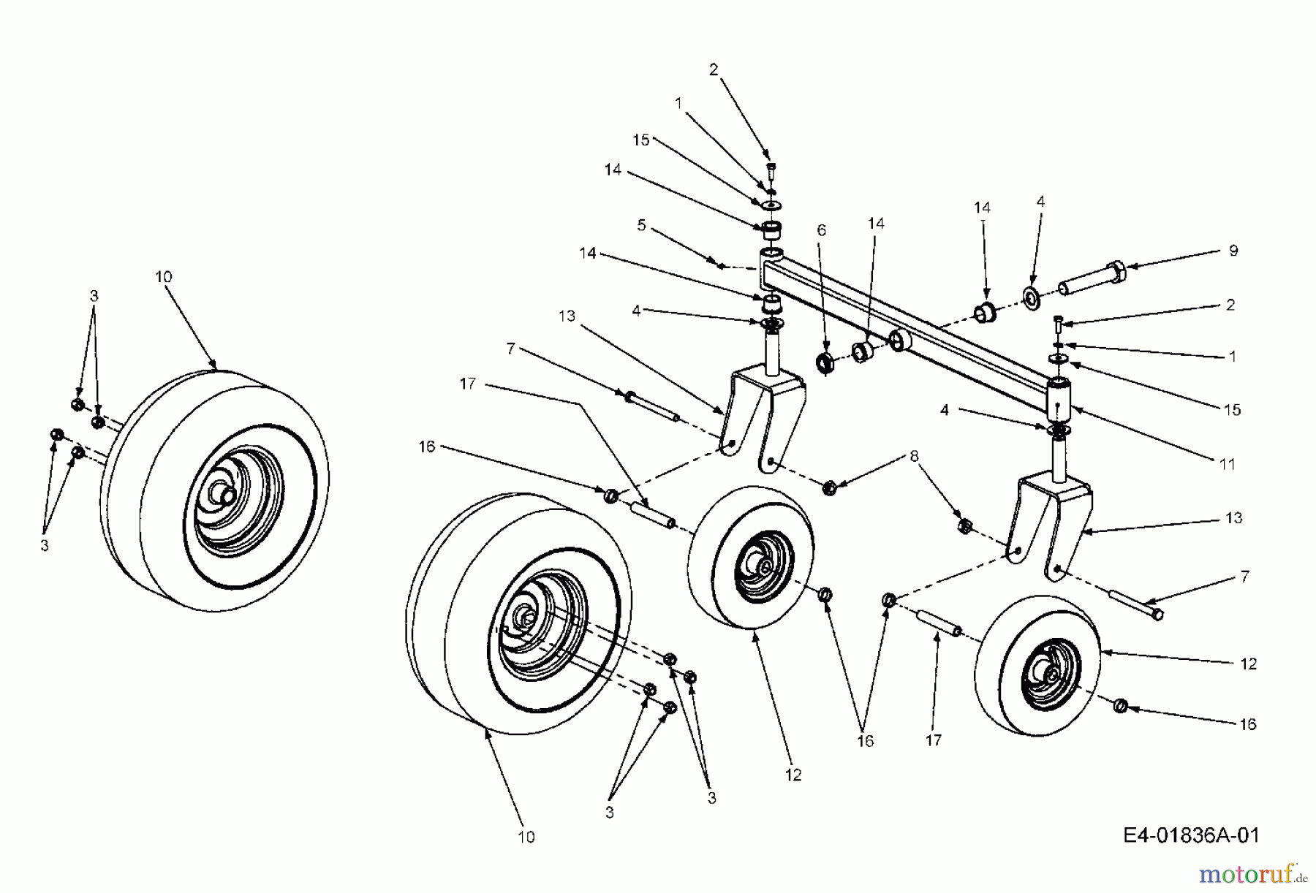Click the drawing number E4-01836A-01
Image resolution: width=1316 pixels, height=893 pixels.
tap(1192, 835)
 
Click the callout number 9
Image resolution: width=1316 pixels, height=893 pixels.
tap(1233, 251)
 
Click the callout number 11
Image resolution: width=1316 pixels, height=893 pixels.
tap(1227, 463)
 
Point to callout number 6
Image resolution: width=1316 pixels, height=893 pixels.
tap(822, 230)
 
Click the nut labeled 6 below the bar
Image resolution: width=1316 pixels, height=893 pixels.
tap(825, 362)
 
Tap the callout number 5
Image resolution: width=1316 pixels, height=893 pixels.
tap(641, 225)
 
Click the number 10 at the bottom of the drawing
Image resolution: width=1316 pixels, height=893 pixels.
tap(526, 837)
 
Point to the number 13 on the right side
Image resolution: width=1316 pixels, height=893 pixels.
tap(1234, 518)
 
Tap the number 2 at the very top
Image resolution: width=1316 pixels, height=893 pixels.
tap(714, 70)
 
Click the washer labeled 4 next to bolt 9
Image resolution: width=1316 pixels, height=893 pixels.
tap(1032, 297)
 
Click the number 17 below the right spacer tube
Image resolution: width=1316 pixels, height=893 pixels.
tap(934, 740)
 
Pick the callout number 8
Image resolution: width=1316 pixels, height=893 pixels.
tap(913, 457)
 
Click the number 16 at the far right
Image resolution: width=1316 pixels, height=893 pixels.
tap(1248, 723)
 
